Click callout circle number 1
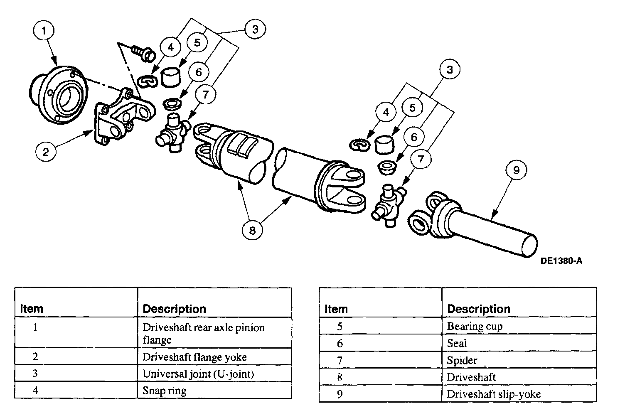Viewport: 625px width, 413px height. point(46,30)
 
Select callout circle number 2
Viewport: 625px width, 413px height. point(45,151)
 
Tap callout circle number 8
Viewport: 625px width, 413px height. point(253,229)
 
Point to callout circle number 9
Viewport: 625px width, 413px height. point(516,170)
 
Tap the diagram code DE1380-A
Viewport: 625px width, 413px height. point(561,261)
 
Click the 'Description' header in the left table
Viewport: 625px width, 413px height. point(174,309)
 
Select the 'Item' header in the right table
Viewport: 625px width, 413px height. point(336,309)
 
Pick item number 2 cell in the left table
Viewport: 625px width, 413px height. point(35,356)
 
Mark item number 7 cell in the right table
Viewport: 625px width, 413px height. point(340,360)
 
